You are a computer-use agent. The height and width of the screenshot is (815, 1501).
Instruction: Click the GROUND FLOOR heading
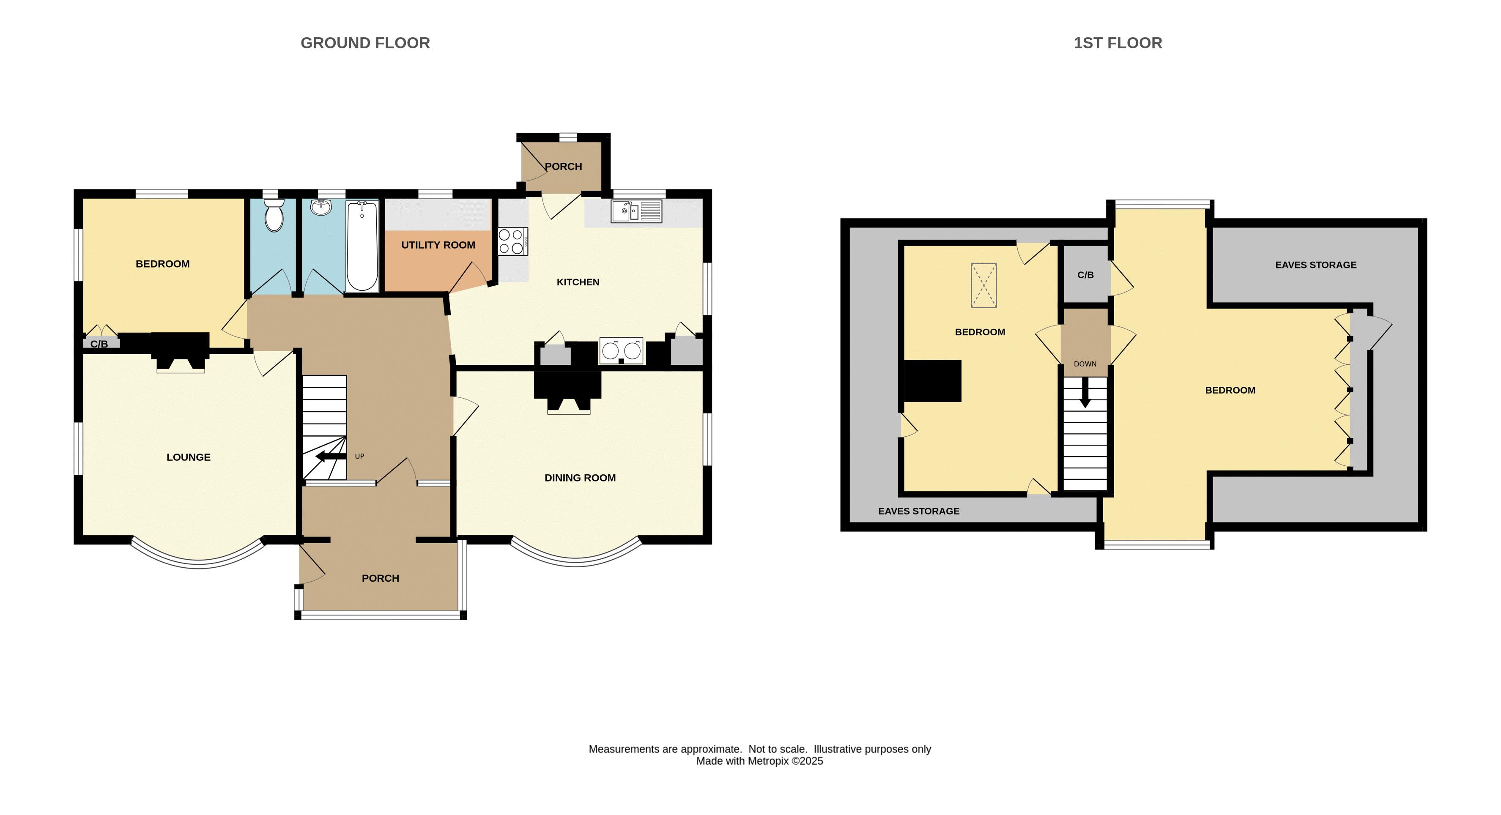(x=365, y=43)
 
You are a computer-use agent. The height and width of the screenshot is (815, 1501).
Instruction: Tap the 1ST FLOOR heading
(x=1118, y=43)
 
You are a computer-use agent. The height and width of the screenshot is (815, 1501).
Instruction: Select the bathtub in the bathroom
(x=362, y=246)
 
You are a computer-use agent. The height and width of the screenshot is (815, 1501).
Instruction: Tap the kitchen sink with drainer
(x=636, y=211)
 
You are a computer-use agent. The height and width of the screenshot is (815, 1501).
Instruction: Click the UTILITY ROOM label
(x=438, y=245)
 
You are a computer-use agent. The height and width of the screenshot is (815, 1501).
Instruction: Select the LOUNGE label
(x=188, y=457)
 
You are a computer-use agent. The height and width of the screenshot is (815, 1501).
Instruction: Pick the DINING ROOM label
(x=580, y=478)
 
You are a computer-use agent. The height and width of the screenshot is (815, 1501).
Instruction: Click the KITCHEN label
(x=578, y=282)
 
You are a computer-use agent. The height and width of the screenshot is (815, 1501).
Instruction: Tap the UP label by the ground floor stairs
(x=359, y=456)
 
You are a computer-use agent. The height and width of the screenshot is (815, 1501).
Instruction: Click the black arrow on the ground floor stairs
(x=331, y=457)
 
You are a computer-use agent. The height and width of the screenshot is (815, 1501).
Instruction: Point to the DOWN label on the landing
(x=1085, y=364)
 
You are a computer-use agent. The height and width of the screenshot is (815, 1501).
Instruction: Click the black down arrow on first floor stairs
(x=1085, y=393)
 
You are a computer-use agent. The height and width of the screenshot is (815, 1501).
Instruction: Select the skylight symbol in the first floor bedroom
(x=983, y=285)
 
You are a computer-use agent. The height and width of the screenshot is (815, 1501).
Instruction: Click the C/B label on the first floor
(x=1085, y=275)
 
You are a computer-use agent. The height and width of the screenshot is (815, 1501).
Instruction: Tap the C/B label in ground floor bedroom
(x=99, y=344)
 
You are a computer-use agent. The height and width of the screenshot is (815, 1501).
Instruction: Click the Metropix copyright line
(x=759, y=761)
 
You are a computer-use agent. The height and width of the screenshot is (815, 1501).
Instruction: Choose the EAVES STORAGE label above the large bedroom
(x=1316, y=265)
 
